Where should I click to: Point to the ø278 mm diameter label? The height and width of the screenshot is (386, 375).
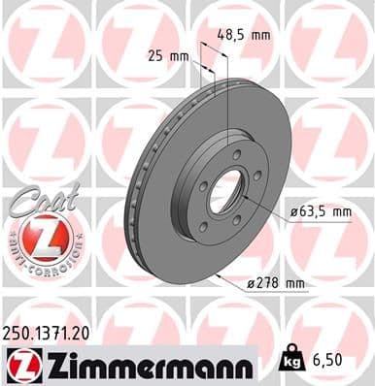click(x=275, y=284)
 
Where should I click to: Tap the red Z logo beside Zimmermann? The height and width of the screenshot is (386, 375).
click(x=20, y=365)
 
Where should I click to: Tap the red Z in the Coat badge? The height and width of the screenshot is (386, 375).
click(x=40, y=237)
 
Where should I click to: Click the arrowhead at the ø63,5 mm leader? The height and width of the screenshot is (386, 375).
click(x=245, y=197)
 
